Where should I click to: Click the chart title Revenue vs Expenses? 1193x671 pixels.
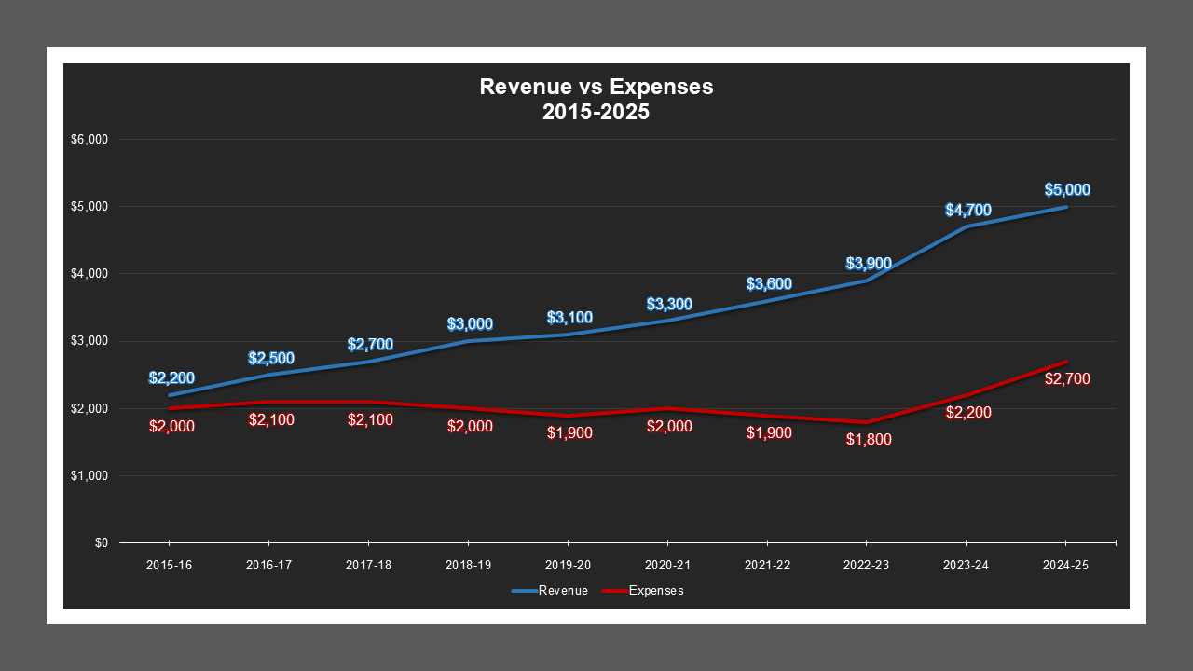click(x=596, y=99)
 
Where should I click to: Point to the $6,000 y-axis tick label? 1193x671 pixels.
click(x=90, y=140)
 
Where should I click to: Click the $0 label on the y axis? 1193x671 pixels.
click(x=101, y=543)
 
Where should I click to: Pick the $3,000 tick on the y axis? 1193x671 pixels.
click(x=90, y=341)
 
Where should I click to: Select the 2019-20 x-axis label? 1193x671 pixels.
click(x=568, y=566)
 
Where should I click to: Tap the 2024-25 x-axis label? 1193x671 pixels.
click(x=1066, y=566)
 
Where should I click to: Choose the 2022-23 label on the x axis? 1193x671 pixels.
click(x=867, y=566)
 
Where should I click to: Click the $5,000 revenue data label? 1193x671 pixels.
click(x=1067, y=190)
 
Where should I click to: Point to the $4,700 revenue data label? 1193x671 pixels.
click(x=967, y=211)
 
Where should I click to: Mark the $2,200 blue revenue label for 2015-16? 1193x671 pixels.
click(x=171, y=378)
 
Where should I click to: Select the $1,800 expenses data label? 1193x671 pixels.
click(x=869, y=440)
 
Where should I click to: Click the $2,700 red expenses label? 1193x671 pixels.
click(x=1067, y=379)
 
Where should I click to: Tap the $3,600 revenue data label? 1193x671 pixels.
click(x=769, y=284)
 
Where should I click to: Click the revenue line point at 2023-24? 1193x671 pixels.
click(x=967, y=226)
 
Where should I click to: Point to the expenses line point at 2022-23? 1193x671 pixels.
click(x=867, y=422)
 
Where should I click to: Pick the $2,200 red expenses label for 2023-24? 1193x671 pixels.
click(x=967, y=413)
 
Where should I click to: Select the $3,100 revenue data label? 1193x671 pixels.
click(x=569, y=318)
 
